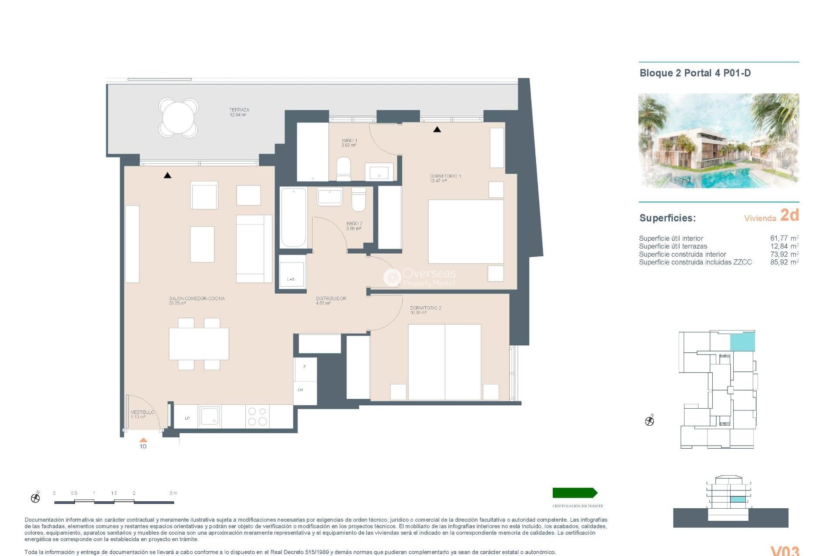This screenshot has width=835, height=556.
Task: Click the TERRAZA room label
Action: click(239, 112)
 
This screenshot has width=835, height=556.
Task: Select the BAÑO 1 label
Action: click(349, 142)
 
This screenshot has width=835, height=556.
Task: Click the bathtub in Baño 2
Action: click(293, 217)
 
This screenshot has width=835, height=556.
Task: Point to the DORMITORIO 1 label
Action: click(445, 178)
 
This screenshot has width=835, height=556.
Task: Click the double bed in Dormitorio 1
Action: click(466, 232)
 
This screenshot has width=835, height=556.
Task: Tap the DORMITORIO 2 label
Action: click(425, 310)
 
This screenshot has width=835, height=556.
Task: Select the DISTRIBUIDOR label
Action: click(331, 301)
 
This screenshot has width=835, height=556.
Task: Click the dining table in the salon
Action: click(199, 344)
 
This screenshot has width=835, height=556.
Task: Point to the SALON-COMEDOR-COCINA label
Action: click(197, 301)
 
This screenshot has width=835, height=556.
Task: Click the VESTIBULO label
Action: click(142, 414)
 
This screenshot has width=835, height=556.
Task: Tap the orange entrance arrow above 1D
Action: click(143, 440)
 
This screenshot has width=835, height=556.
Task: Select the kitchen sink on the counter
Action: click(210, 417)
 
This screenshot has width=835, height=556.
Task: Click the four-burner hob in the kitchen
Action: click(257, 417)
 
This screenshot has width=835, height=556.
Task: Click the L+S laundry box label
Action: click(291, 279)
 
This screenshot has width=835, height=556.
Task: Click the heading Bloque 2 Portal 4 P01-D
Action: click(695, 73)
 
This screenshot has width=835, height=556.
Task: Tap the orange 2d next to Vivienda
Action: click(789, 215)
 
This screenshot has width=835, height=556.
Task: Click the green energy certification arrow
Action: click(574, 493)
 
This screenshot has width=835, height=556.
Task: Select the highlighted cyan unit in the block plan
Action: click(742, 342)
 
